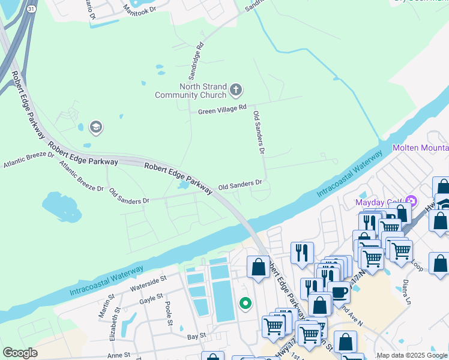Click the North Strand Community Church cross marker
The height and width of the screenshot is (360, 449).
236,91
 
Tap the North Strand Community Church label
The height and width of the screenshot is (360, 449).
191,91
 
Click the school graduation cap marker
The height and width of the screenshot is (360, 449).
95,127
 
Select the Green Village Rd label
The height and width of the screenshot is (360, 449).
222,109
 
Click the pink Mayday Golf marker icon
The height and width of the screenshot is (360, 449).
411,200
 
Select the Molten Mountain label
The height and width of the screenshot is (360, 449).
420,148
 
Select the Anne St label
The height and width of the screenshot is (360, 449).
118,355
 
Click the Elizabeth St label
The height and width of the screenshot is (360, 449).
113,327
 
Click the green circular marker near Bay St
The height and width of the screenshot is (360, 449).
245,304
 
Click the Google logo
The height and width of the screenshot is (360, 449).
20,353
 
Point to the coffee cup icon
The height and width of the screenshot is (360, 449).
339,292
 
